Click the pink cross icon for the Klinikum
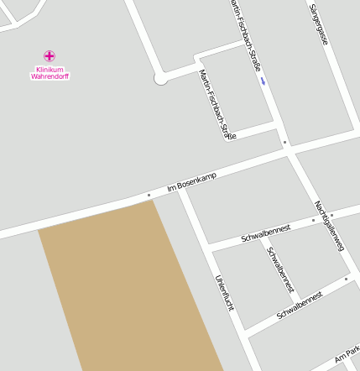point(50,56)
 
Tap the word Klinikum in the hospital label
point(50,69)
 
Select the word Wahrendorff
point(50,76)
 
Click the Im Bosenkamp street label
point(192,181)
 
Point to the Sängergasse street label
point(317,24)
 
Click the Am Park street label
point(347,357)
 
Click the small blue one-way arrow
point(263,81)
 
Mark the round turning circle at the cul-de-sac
point(161,79)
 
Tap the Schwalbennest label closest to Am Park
point(300,305)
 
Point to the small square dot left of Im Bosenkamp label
point(149,196)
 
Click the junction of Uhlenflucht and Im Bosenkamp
point(181,188)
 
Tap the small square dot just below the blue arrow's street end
point(284,143)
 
